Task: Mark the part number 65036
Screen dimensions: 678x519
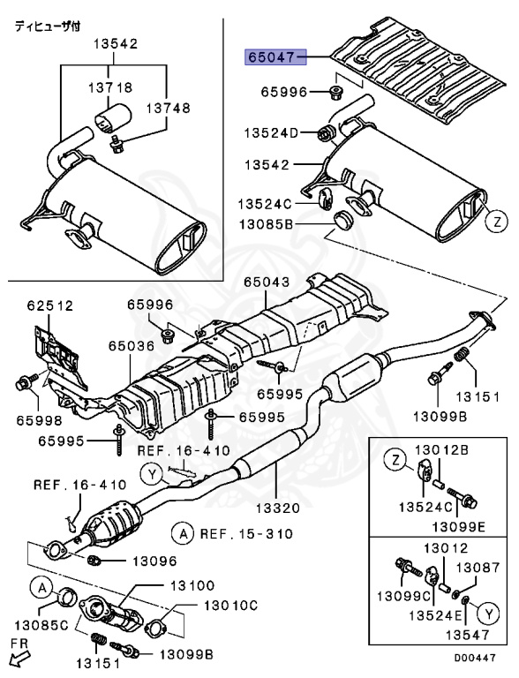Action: (x=132, y=348)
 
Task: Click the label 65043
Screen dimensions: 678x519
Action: (x=267, y=282)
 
